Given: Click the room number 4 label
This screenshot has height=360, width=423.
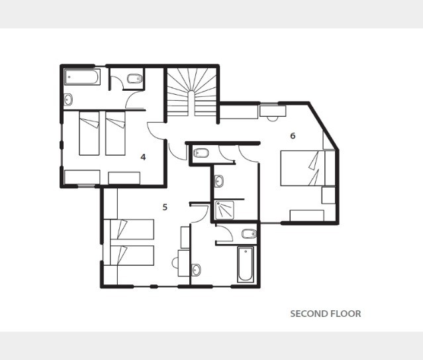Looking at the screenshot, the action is click(143, 157).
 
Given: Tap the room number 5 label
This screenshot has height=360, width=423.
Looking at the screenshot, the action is click(165, 207).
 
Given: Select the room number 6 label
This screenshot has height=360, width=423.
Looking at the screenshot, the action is click(293, 135).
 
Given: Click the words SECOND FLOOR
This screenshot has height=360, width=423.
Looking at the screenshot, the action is click(326, 314).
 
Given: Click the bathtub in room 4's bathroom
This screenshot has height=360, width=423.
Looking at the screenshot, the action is click(82, 77).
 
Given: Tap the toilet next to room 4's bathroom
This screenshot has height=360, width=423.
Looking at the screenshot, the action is click(134, 79).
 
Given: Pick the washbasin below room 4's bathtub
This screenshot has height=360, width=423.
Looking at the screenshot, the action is click(68, 99).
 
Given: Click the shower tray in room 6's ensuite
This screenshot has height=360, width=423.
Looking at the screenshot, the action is click(224, 210).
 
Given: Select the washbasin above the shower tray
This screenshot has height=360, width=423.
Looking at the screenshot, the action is click(219, 181).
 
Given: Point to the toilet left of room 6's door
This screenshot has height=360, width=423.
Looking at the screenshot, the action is click(201, 152).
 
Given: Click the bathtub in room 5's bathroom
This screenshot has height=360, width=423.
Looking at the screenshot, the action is click(246, 265).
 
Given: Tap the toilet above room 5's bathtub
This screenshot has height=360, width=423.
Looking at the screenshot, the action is click(249, 233).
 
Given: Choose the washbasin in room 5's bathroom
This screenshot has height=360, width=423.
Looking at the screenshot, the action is click(196, 270).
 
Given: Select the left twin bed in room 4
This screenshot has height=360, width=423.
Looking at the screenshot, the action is click(89, 133).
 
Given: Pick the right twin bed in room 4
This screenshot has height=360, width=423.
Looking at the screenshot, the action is click(115, 133).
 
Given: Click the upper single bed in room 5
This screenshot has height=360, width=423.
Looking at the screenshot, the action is click(129, 229).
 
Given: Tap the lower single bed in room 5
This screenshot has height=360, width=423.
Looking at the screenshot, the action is click(129, 256).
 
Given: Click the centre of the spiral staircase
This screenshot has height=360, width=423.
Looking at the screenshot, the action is click(191, 103).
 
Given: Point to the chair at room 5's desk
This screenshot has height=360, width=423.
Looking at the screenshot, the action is click(175, 263).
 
